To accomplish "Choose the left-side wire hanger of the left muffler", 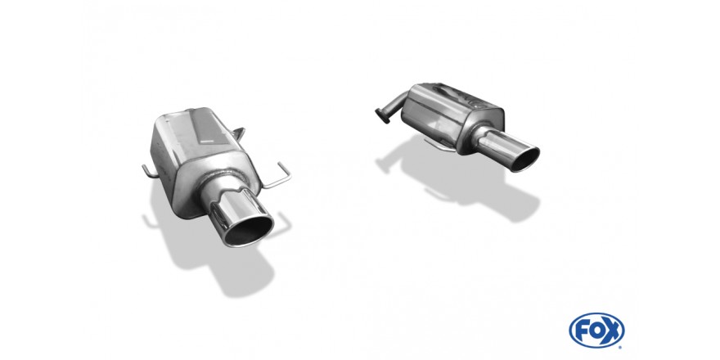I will (148, 170).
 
